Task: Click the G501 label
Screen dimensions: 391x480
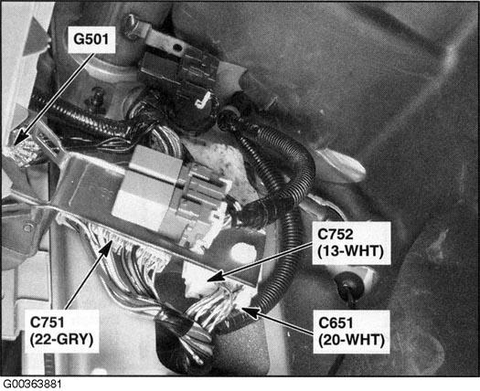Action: click(x=94, y=40)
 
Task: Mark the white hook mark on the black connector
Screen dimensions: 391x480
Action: click(x=209, y=98)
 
